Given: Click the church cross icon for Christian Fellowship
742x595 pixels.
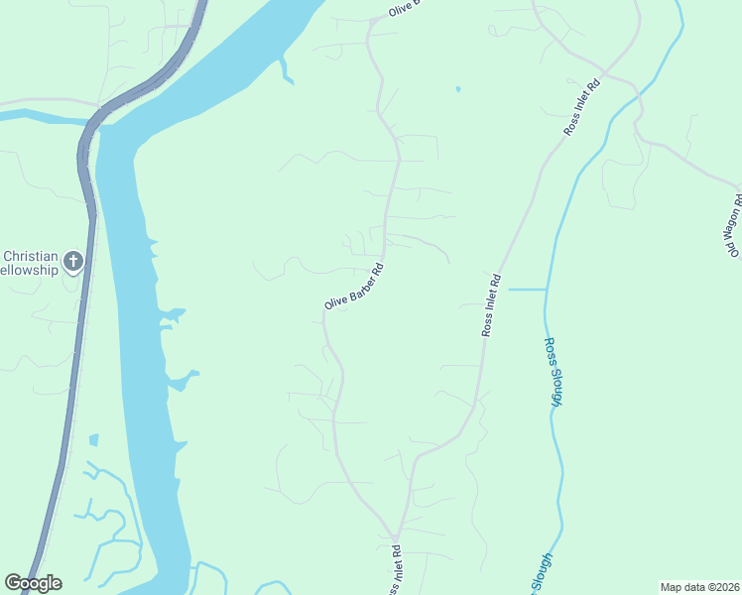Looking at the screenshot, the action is (x=72, y=262).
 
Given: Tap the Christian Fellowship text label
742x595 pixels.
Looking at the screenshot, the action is (x=30, y=262).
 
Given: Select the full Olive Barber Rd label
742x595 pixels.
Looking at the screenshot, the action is (x=353, y=286).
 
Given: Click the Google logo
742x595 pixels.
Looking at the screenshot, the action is (x=33, y=583).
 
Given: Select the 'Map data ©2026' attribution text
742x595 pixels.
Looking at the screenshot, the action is (x=699, y=587).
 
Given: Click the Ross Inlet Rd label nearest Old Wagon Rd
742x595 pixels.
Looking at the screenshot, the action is (x=584, y=105).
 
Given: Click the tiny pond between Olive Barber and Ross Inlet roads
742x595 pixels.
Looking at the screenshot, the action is (x=457, y=90).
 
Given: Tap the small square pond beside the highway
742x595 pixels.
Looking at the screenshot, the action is (x=93, y=439).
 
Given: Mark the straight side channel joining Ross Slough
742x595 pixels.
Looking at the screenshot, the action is (x=528, y=289).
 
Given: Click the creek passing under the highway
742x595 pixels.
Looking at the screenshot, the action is (x=40, y=116).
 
